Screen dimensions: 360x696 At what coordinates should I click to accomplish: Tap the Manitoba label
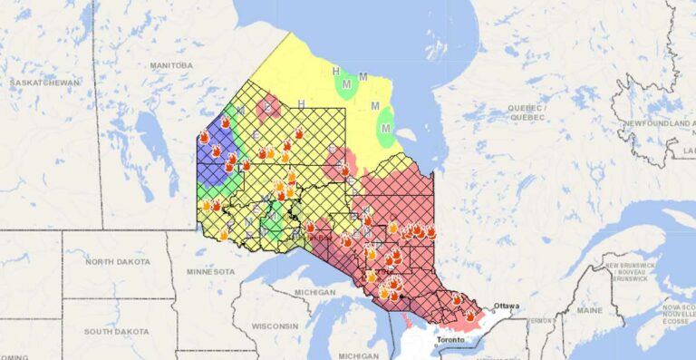tap(170, 65)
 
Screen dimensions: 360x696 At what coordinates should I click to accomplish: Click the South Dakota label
tap(117, 331)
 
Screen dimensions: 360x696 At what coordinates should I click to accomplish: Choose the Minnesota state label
tap(209, 271)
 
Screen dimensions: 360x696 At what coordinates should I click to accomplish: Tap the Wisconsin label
tap(275, 326)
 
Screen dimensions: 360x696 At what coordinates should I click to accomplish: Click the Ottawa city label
tap(507, 306)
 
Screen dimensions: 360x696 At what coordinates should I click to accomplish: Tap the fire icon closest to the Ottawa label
tap(470, 315)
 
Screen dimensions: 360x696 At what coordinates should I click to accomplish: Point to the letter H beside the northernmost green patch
tap(335, 71)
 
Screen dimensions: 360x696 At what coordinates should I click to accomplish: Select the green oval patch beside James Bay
tap(386, 125)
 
